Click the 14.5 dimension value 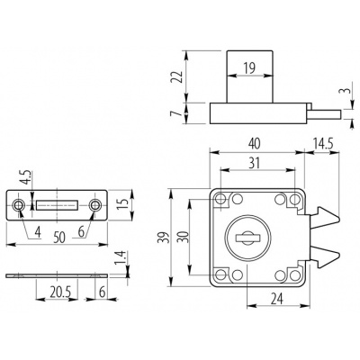322,143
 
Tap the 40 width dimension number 254,143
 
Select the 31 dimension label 254,163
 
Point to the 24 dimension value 276,299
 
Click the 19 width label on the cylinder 249,67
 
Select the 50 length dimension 59,238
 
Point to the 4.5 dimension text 26,177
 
